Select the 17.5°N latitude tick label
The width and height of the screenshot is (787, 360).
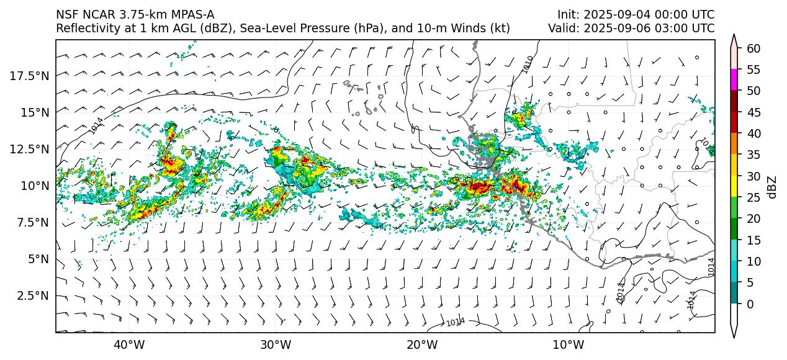pyautogui.click(x=31, y=76)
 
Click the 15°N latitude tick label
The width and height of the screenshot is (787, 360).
pyautogui.click(x=35, y=112)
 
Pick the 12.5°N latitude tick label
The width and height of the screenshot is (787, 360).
pyautogui.click(x=31, y=149)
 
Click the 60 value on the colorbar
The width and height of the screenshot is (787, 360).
pyautogui.click(x=754, y=48)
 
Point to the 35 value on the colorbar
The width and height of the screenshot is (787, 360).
pyautogui.click(x=754, y=155)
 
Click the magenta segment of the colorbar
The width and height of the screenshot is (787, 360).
pyautogui.click(x=734, y=79)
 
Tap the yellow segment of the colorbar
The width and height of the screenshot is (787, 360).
pyautogui.click(x=734, y=186)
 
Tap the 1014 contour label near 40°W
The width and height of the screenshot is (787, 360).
pyautogui.click(x=96, y=125)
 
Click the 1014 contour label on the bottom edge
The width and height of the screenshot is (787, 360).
pyautogui.click(x=456, y=322)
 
